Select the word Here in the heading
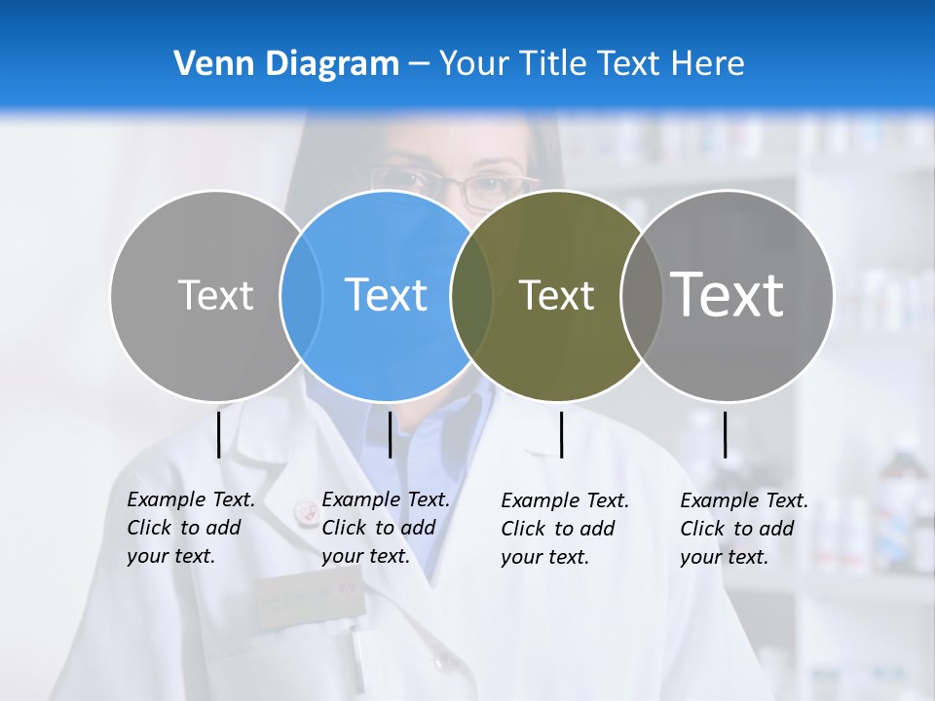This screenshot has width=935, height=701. point(708,64)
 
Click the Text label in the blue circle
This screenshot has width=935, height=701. point(387,295)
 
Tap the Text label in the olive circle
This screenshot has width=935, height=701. point(556,295)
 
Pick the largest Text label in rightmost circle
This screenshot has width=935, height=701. point(728,295)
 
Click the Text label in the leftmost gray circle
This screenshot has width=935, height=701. point(215,295)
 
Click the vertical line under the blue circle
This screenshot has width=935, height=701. point(390,434)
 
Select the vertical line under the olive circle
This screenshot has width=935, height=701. point(561,434)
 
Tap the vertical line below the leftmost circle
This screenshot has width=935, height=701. point(218,434)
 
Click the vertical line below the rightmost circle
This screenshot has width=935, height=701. point(725,434)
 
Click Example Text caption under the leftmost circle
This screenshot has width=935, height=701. point(191,499)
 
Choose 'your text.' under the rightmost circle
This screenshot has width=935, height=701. point(724,558)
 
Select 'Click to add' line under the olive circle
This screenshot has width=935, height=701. point(558,529)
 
